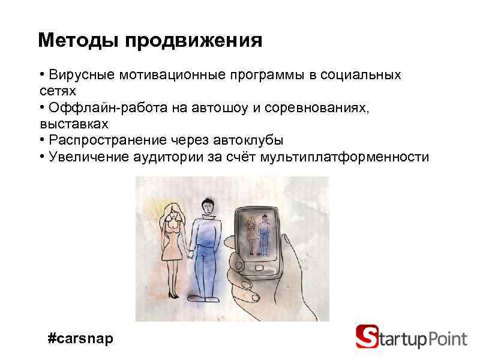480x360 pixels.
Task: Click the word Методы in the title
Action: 78,41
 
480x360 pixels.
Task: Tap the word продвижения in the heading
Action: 194,41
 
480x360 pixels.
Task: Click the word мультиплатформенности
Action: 345,157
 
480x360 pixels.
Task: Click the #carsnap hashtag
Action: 80,339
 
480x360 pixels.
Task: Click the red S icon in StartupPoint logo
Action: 367,337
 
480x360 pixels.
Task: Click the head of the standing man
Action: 208,207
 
